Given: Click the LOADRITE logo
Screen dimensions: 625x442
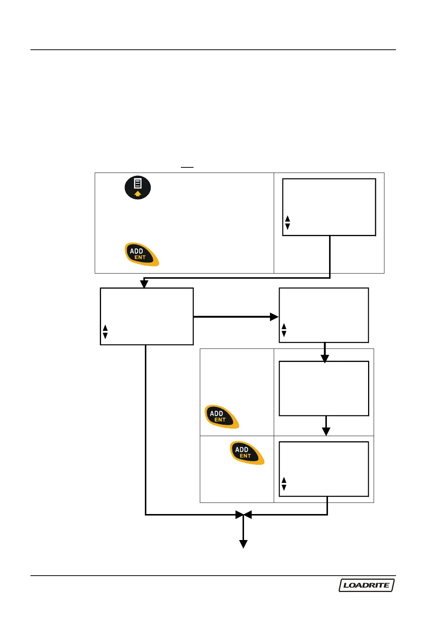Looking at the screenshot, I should click(x=366, y=585).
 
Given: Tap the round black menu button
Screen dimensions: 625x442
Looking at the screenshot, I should click(x=137, y=187).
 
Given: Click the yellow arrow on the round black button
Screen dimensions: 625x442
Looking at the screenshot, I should click(x=138, y=193).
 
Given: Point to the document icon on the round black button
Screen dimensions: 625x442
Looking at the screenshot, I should click(x=138, y=183).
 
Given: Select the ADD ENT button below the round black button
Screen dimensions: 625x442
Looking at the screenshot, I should click(x=142, y=254).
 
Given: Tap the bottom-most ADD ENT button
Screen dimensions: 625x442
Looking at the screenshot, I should click(x=247, y=453).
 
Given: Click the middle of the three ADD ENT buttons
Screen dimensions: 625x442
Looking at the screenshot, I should click(x=222, y=416).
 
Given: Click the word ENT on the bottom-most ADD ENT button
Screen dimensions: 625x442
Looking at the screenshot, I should click(x=245, y=456).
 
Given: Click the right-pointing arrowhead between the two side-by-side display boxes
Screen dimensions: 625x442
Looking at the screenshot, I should click(x=274, y=317).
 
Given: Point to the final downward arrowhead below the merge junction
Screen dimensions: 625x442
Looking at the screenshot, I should click(x=243, y=544).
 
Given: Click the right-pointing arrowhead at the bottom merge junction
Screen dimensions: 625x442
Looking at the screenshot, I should click(x=239, y=515).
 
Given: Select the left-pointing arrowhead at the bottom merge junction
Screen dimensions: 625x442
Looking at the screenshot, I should click(x=248, y=515).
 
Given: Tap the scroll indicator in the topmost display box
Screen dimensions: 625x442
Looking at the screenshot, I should click(x=287, y=223).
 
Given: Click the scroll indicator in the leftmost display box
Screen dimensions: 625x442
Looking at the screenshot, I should click(x=105, y=332).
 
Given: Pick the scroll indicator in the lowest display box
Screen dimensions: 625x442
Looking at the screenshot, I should click(x=284, y=484).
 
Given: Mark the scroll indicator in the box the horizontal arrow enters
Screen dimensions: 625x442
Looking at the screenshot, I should click(x=284, y=330).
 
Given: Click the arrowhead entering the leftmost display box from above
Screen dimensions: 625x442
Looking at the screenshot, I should click(x=144, y=284).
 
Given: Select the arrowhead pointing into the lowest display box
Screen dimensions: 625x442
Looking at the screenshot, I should click(x=326, y=431).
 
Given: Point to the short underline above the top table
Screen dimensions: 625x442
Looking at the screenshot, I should click(x=187, y=167).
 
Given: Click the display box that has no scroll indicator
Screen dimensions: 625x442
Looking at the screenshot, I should click(x=324, y=388).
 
